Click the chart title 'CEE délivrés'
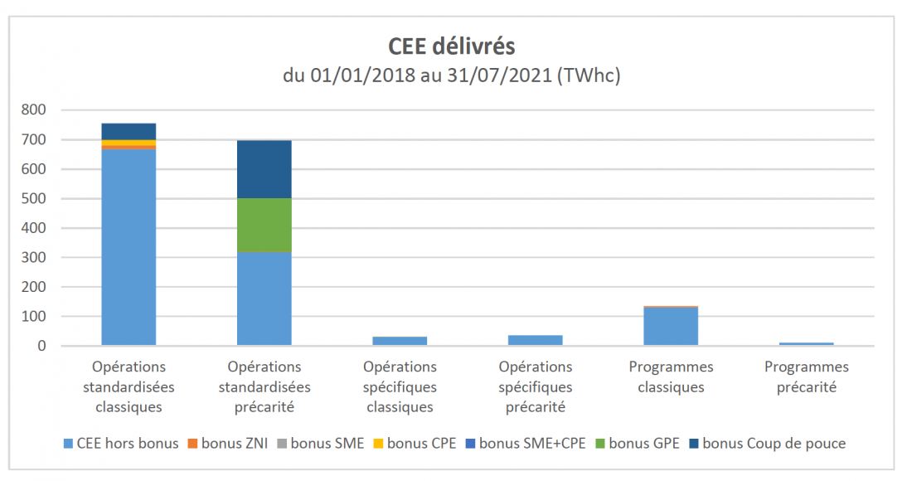point(452,46)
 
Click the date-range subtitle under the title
point(452,75)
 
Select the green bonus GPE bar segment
point(264,225)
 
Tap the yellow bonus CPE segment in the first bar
point(129,143)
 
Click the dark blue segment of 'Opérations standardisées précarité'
point(264,169)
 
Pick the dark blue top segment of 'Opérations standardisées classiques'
point(129,131)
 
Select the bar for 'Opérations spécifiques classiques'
point(400,340)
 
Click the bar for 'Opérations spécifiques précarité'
point(535,339)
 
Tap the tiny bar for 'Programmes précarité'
point(806,343)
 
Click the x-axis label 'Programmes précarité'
point(806,377)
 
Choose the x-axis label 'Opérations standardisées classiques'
point(129,386)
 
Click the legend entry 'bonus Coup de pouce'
point(773,443)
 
